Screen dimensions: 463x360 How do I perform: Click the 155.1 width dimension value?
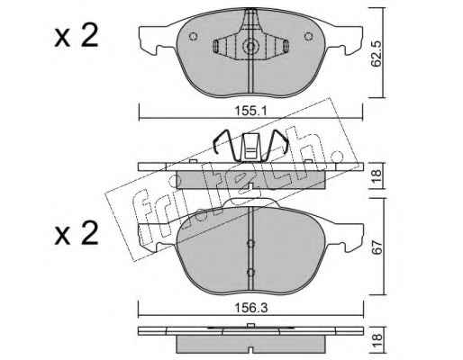250,112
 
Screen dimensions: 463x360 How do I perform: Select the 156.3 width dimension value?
251,308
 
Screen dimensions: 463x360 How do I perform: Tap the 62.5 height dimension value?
376,53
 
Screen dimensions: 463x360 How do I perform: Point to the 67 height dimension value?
377,247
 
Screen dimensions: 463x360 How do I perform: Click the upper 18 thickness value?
377,175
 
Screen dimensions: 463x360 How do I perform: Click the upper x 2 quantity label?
77,36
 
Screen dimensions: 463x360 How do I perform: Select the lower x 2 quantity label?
77,233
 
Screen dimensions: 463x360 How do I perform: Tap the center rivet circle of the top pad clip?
250,47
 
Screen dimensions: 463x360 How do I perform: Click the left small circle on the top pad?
193,37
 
